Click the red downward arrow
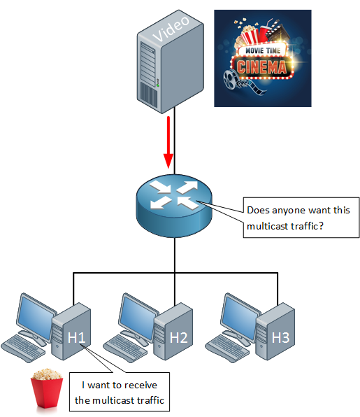pyautogui.click(x=168, y=142)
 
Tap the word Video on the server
pyautogui.click(x=171, y=29)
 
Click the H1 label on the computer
pyautogui.click(x=76, y=337)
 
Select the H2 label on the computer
pyautogui.click(x=178, y=337)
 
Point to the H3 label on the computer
pyautogui.click(x=280, y=337)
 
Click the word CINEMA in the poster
pyautogui.click(x=261, y=67)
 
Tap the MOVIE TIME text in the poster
pyautogui.click(x=263, y=50)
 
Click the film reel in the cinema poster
pyautogui.click(x=230, y=79)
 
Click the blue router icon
pyautogui.click(x=174, y=206)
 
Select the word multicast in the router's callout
pyautogui.click(x=268, y=226)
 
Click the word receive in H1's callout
pyautogui.click(x=141, y=385)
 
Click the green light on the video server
pyautogui.click(x=158, y=85)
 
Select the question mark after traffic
pyautogui.click(x=321, y=226)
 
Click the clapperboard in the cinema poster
pyautogui.click(x=277, y=30)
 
